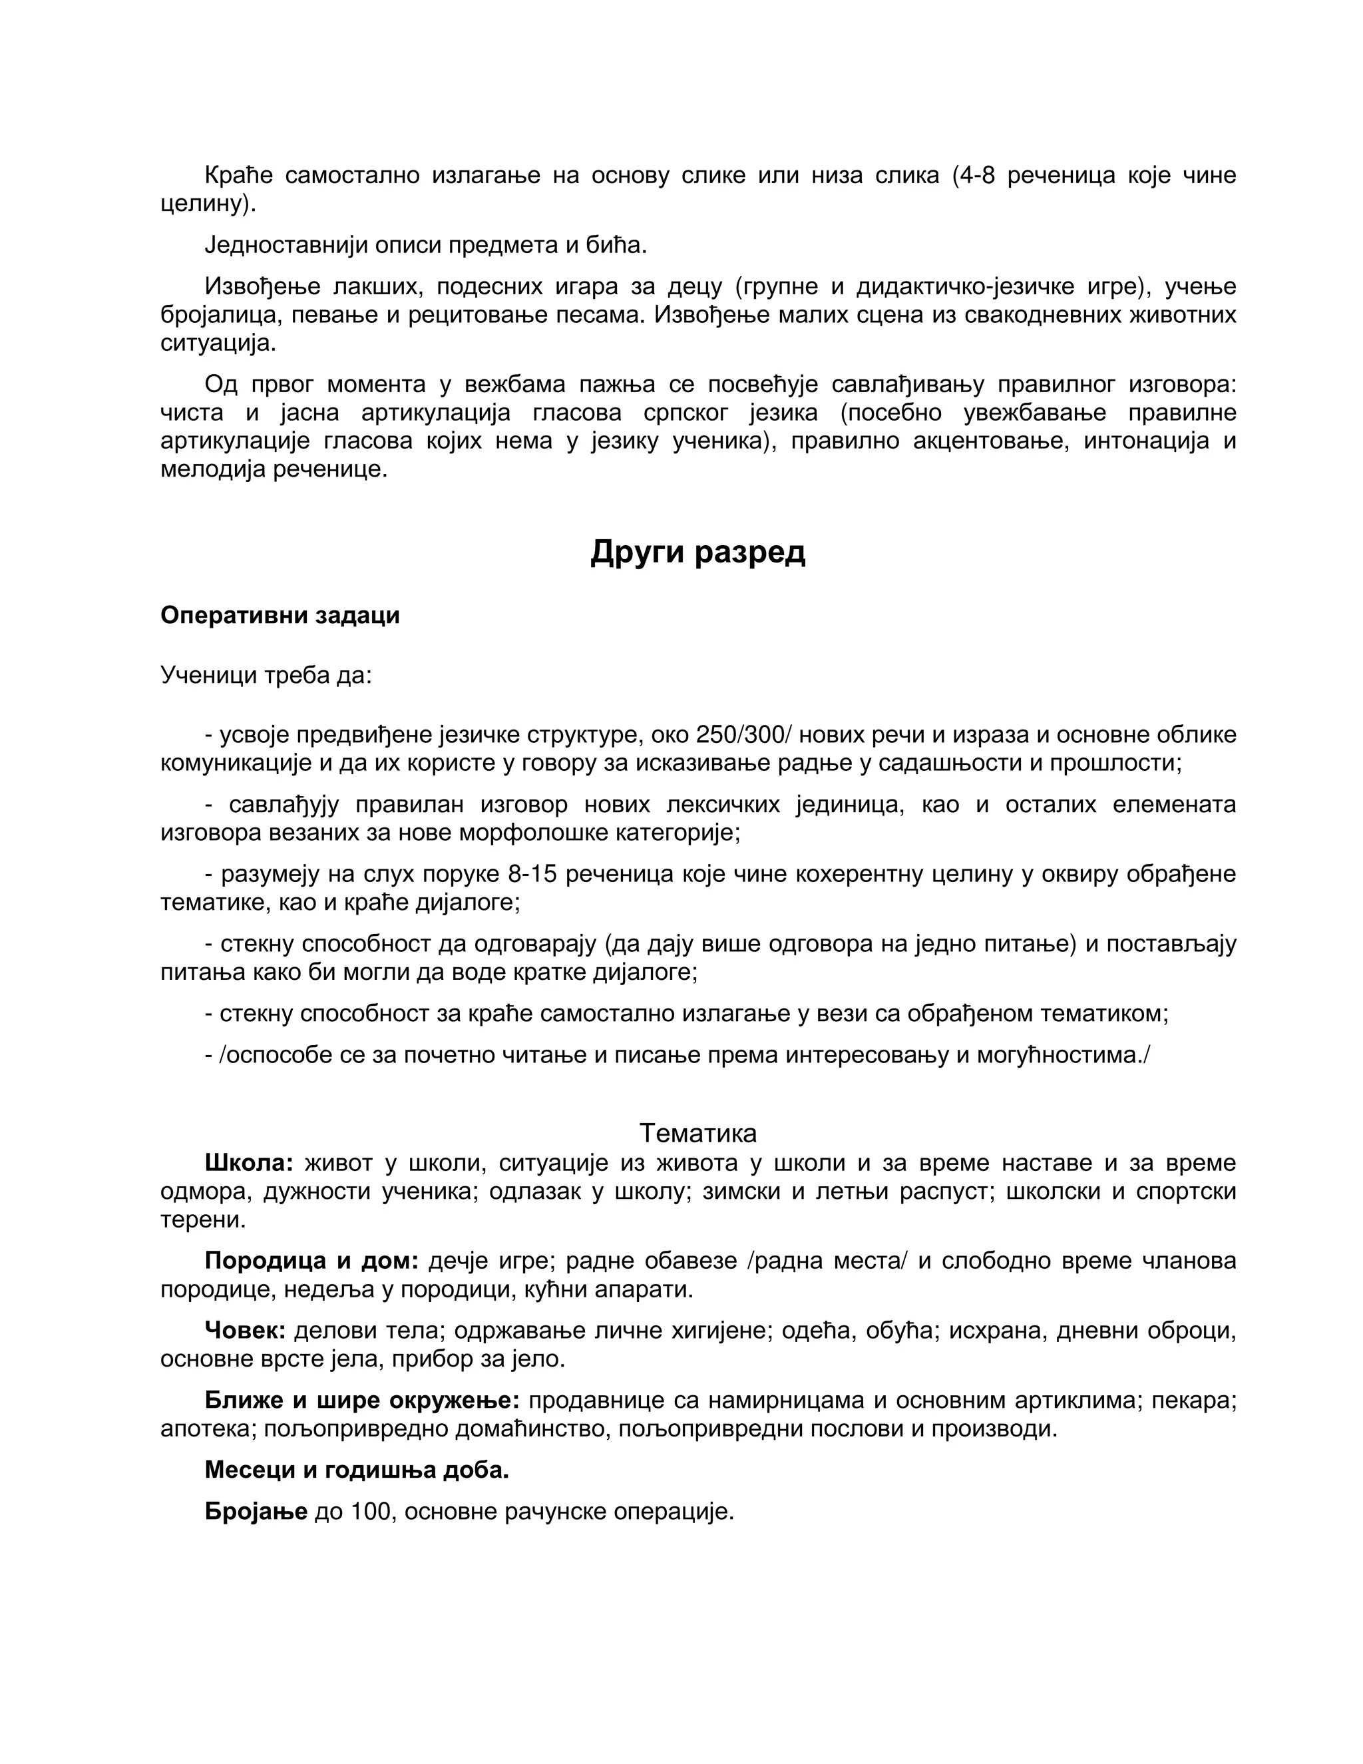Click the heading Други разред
tap(697, 552)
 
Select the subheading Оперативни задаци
tap(280, 616)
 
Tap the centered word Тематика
tap(697, 1133)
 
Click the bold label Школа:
tap(249, 1163)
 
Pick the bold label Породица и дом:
tap(311, 1261)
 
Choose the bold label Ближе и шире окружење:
tap(362, 1400)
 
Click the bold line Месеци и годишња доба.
tap(357, 1470)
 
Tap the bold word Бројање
tap(256, 1511)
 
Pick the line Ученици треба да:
tap(266, 675)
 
